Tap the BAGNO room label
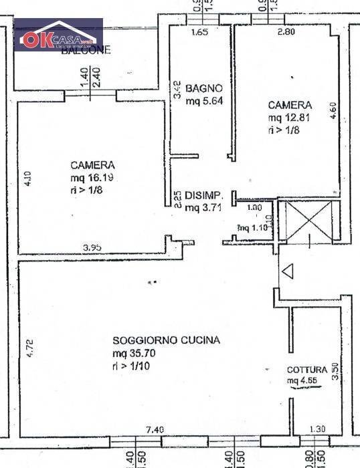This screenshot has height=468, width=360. [x=200, y=88]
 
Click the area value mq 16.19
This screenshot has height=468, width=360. [x=92, y=178]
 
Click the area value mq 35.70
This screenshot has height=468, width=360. [x=134, y=354]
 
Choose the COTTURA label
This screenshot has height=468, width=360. [x=307, y=370]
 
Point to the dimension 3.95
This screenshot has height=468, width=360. [x=92, y=247]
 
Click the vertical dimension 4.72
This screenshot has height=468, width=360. [x=29, y=347]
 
